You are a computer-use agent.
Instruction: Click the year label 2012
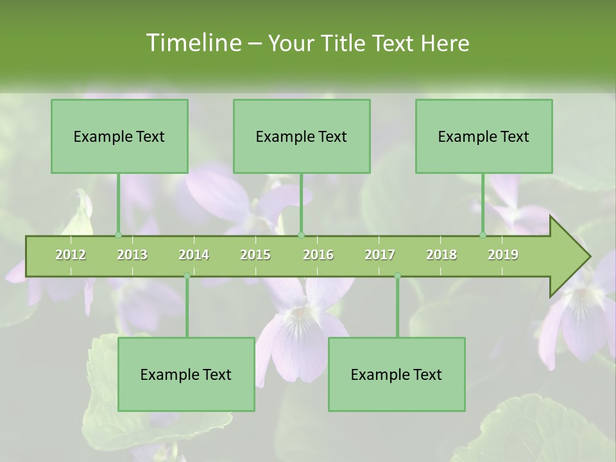click(x=71, y=255)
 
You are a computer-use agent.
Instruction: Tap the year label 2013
click(x=132, y=255)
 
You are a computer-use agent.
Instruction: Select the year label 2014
click(x=194, y=255)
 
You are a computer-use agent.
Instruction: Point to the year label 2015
click(x=255, y=255)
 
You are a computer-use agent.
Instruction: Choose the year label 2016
click(x=318, y=255)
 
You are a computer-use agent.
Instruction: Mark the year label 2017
click(x=380, y=255)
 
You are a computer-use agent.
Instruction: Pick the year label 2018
click(x=441, y=255)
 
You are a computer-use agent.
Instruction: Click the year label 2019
click(x=503, y=255)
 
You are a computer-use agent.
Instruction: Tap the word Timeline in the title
click(x=193, y=43)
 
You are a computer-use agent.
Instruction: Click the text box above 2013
click(x=119, y=136)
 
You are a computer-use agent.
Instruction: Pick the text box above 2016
click(x=302, y=136)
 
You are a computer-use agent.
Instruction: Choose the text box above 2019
click(x=484, y=136)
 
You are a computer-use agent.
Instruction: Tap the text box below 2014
click(x=186, y=374)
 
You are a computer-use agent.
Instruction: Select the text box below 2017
click(x=397, y=374)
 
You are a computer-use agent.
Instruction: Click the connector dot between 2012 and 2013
click(x=118, y=235)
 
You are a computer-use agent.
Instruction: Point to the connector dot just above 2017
click(x=397, y=276)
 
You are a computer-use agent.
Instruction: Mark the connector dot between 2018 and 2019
click(x=483, y=235)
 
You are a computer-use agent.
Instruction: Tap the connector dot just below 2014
click(x=187, y=276)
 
